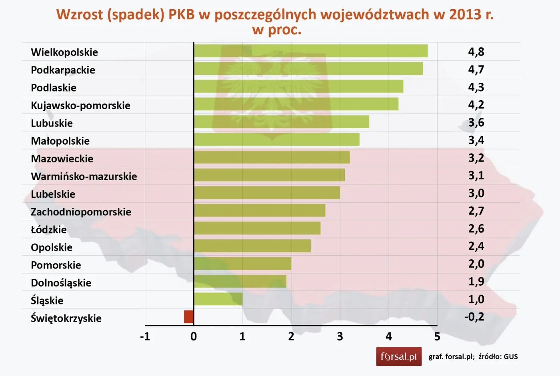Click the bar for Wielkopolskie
point(311,51)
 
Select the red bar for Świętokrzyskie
point(189,316)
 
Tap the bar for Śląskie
point(218,299)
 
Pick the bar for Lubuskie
point(282,122)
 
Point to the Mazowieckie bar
point(272,157)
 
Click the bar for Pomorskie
point(242,264)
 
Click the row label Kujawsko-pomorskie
point(80,105)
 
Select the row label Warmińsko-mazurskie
point(84,176)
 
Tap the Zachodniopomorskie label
point(81,212)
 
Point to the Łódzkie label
point(48,229)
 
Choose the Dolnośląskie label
point(61,283)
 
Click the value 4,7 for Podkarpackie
point(476,70)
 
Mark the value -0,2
point(474,317)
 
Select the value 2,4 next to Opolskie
point(476,246)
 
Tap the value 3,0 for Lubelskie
point(476,193)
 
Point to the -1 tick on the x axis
point(145,336)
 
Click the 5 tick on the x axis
point(437,336)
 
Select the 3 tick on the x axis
point(340,336)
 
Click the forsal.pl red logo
point(398,356)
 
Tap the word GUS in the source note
point(510,356)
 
